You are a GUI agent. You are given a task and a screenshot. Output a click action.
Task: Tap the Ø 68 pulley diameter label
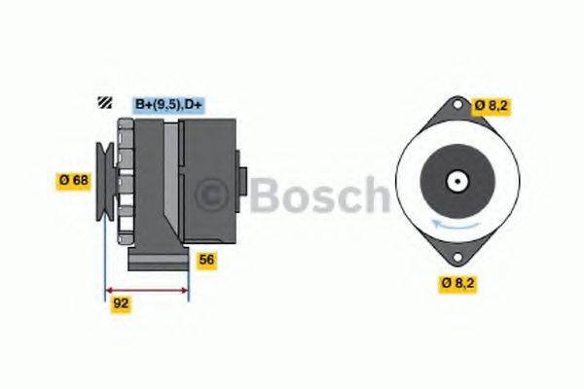pyautogui.click(x=74, y=179)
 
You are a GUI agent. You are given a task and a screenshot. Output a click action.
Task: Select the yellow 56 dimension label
pyautogui.click(x=206, y=260)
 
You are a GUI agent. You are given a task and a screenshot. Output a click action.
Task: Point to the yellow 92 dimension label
pyautogui.click(x=121, y=302)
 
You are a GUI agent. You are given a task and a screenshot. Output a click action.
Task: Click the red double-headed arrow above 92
pyautogui.click(x=146, y=289)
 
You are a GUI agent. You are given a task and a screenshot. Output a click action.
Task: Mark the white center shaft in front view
pyautogui.click(x=455, y=181)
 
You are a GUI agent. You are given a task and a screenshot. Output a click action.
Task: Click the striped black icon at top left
pyautogui.click(x=103, y=103)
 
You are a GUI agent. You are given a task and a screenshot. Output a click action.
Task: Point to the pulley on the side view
pyautogui.click(x=103, y=179)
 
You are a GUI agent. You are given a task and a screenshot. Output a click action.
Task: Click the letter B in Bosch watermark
pyautogui.click(x=264, y=195)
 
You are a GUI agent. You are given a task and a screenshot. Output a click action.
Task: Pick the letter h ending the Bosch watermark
pyautogui.click(x=375, y=195)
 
